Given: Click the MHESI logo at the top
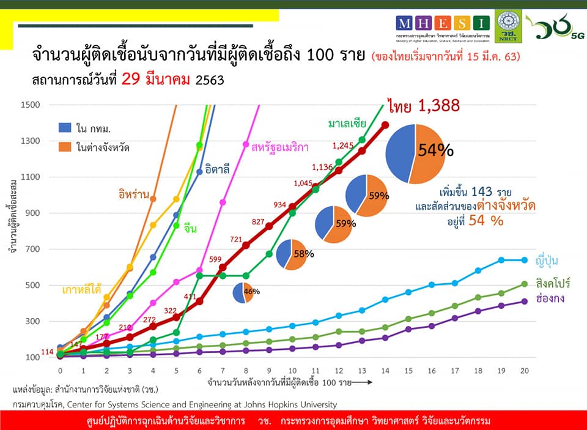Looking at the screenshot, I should (443, 24).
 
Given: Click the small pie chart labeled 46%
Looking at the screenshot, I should (243, 292).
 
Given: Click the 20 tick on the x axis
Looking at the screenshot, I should (525, 371).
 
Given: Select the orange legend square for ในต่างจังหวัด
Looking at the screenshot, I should (64, 146).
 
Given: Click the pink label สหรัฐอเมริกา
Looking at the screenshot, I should (279, 147).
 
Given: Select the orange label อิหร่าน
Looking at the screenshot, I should (135, 194).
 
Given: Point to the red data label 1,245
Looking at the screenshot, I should (344, 146).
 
